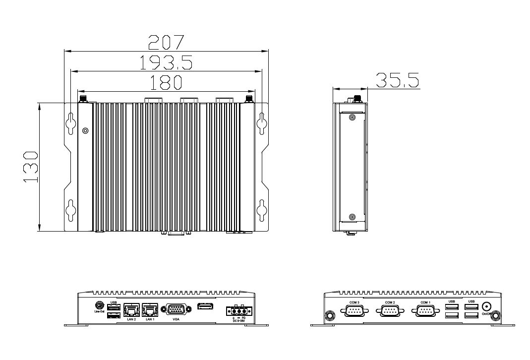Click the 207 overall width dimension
(x=166, y=43)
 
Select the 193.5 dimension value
(x=166, y=63)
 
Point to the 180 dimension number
(x=166, y=83)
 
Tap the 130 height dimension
(x=31, y=167)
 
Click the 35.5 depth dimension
(x=397, y=80)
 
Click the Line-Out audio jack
(x=99, y=305)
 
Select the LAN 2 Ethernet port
(x=131, y=310)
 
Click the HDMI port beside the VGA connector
(x=206, y=307)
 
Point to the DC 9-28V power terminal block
(x=239, y=311)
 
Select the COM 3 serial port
(x=354, y=311)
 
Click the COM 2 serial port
(x=390, y=311)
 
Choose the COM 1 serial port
(x=425, y=311)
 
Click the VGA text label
(x=176, y=320)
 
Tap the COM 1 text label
(x=425, y=302)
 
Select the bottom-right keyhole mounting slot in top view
(x=261, y=209)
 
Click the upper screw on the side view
(x=352, y=118)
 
